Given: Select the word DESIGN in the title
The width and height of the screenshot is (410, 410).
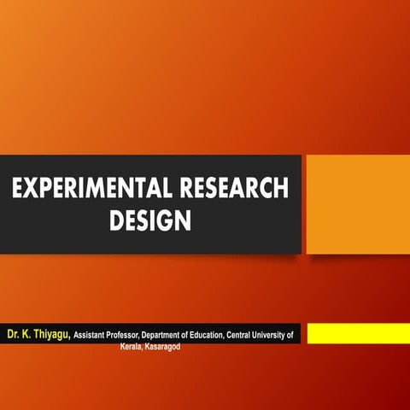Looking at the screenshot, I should click(149, 222).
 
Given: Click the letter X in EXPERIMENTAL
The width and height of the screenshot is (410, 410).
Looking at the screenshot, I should click(29, 189).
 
